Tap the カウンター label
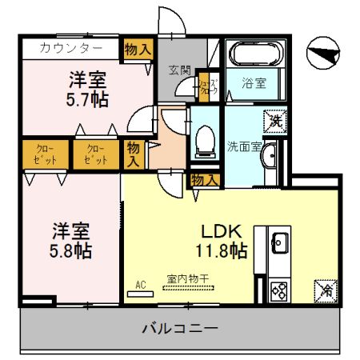coord(71,48)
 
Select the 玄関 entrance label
coord(179,70)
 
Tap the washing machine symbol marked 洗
coord(274,121)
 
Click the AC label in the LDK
coord(140,282)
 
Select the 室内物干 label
coord(187,279)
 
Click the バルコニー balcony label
coord(180,327)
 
